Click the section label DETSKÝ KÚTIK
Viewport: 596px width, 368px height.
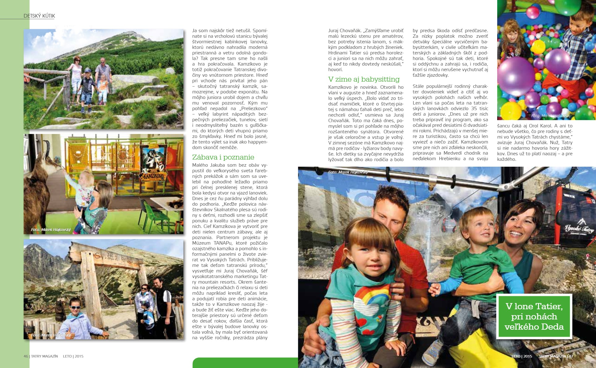pos(39,16)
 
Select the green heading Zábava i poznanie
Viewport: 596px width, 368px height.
pos(223,157)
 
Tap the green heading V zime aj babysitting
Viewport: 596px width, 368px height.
pos(364,79)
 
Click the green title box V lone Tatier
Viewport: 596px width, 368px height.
pos(534,316)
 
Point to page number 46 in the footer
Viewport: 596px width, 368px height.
pos(26,356)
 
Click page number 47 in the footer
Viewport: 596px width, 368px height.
pos(571,356)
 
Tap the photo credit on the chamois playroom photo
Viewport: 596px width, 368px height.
pos(51,229)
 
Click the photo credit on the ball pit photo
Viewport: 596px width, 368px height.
pos(551,116)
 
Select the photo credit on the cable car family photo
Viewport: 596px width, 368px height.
pos(348,172)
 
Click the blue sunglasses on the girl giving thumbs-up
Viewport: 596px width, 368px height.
pos(75,307)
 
